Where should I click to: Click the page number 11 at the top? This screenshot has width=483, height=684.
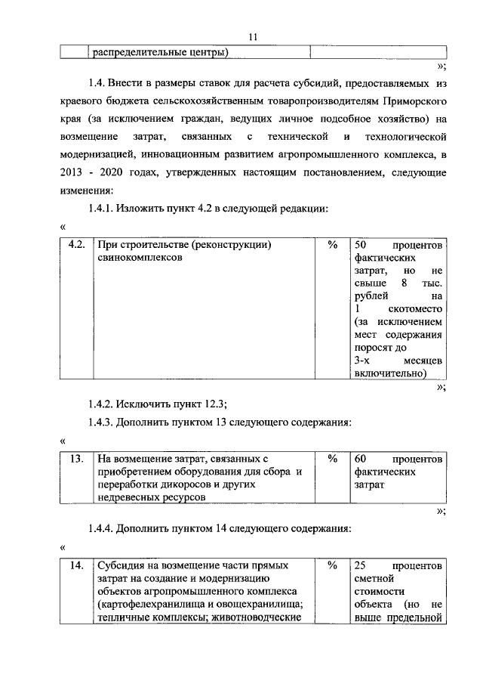(253, 36)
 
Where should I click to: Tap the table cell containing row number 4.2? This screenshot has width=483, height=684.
(75, 246)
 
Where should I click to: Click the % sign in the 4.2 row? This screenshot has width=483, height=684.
(332, 246)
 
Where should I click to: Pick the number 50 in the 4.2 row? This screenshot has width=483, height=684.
(361, 246)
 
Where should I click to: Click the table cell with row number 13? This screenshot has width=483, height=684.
(75, 458)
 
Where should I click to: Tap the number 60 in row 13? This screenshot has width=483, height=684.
(361, 459)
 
